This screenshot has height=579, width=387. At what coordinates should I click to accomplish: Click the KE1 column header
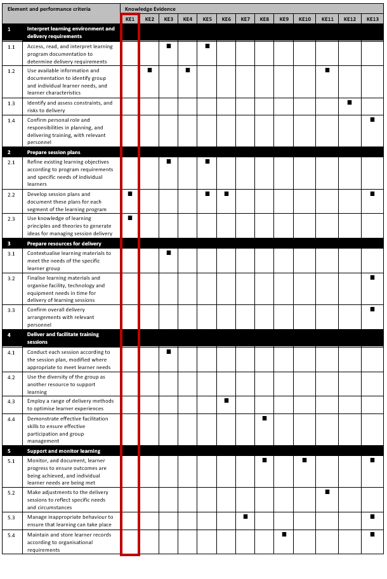coord(130,20)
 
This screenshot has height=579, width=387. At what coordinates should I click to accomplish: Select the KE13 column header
coord(372,20)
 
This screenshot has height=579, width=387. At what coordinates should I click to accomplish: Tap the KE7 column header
coord(246,20)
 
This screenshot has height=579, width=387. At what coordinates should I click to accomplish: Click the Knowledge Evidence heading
coord(150,10)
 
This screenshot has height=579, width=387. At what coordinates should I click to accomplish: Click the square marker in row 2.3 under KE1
coord(130,218)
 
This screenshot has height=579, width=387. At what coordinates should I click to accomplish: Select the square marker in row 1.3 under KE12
coord(350,103)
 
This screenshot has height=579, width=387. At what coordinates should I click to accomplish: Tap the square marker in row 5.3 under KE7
coord(246,517)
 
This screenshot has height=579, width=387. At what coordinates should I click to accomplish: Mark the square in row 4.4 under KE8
coord(265,419)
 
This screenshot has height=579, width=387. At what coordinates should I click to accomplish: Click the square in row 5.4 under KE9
coord(284,535)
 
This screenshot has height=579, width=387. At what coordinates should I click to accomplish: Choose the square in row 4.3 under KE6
coord(226,401)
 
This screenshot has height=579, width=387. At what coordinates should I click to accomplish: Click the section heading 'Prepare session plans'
coord(53,152)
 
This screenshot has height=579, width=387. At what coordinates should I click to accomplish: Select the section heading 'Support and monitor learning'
coord(63,451)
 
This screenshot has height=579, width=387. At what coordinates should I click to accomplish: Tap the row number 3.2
coord(11,278)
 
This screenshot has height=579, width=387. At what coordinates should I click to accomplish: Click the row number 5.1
coord(11,461)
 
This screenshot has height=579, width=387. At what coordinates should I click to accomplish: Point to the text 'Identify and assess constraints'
coord(69,103)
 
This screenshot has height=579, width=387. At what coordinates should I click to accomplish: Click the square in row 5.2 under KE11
coord(327,492)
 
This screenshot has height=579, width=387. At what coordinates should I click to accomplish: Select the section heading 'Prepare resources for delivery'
coord(64,244)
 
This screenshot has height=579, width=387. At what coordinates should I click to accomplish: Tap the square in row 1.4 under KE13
coord(372,120)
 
